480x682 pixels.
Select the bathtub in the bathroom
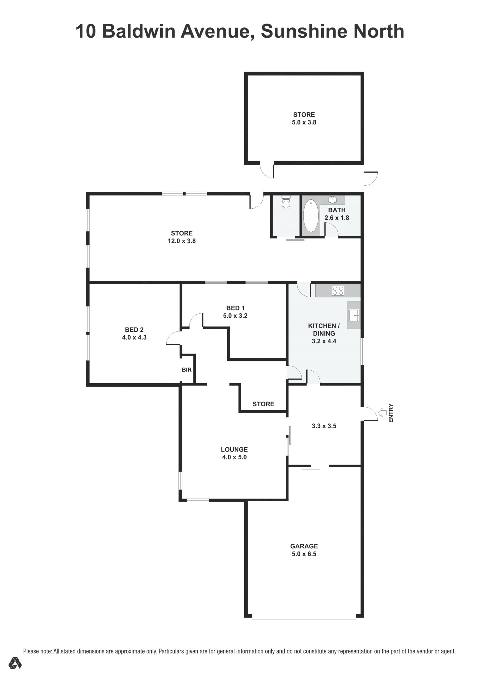[310, 216]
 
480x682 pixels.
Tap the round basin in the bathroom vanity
[332, 199]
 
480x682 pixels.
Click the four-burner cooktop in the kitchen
[338, 290]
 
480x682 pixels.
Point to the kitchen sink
[354, 315]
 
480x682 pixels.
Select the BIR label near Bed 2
[187, 370]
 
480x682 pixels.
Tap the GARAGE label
[304, 546]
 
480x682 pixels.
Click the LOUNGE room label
[234, 449]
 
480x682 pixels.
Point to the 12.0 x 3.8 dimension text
[182, 241]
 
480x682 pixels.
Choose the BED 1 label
[235, 308]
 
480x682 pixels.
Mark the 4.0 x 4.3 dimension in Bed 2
[134, 337]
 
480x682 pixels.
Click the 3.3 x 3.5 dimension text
[324, 426]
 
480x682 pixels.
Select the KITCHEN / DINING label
[324, 330]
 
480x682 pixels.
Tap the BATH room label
[336, 210]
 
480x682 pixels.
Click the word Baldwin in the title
[139, 31]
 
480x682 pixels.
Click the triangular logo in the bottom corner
[15, 663]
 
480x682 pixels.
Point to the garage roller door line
[304, 620]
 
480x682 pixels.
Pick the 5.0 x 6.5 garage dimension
[304, 554]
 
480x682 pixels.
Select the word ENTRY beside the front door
[391, 413]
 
